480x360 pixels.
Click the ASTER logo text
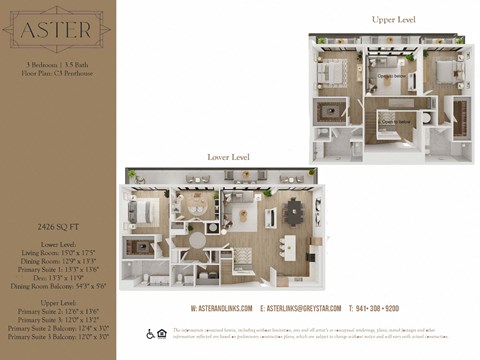coord(56,31)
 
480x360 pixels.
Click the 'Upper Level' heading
coord(393,19)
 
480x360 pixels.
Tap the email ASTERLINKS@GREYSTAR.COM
coord(300,308)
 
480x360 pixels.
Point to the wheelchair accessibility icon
coord(150,334)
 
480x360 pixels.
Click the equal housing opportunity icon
coord(163,334)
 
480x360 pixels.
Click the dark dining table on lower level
coord(294,210)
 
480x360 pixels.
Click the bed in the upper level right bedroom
coord(438,74)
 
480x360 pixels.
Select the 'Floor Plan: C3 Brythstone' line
coord(56,73)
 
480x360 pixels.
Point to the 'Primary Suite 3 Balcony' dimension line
coord(56,335)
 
